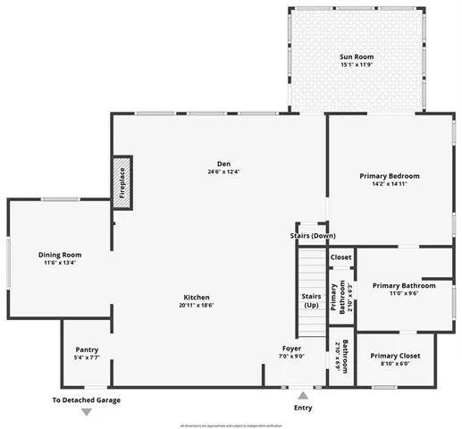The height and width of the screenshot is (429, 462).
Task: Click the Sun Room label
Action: click(x=357, y=56)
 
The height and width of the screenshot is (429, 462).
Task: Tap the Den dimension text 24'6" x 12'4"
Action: click(x=224, y=172)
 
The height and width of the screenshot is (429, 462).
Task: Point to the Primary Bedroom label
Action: click(x=389, y=176)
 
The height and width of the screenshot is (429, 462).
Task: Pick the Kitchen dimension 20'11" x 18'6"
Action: click(x=196, y=306)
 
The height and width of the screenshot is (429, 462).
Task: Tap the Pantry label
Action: click(x=87, y=349)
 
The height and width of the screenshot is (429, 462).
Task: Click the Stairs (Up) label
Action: click(x=311, y=300)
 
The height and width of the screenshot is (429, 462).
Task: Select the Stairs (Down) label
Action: click(x=313, y=235)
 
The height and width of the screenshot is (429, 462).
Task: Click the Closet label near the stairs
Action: click(x=340, y=257)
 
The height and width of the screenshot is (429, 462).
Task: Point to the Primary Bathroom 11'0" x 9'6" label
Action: click(x=403, y=285)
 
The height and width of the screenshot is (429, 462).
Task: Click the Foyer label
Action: click(x=292, y=348)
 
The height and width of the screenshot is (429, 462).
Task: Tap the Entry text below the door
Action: click(x=304, y=408)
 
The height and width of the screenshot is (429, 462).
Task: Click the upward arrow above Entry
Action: click(x=304, y=394)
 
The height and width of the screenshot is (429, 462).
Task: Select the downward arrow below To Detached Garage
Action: click(x=87, y=412)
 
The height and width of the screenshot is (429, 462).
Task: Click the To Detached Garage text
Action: click(x=87, y=400)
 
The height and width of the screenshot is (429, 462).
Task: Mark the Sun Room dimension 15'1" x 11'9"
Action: click(x=357, y=65)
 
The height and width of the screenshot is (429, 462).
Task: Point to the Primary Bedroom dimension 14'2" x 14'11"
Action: click(x=389, y=185)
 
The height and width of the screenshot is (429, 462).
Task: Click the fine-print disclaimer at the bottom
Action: click(x=231, y=425)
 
